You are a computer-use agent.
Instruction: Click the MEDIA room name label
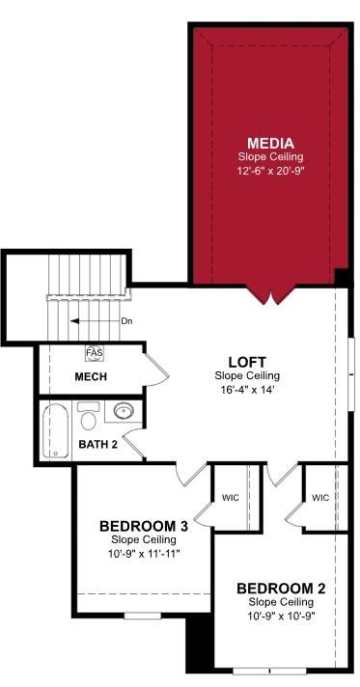pos(269,142)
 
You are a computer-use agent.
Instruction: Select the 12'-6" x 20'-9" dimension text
pos(269,170)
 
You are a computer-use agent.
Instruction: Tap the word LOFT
pos(248,361)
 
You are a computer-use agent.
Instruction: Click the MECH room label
pos(91,376)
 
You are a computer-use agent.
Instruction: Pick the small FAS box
pos(95,353)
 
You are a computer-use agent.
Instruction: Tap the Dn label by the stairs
pos(126,321)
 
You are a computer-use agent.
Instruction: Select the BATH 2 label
pos(97,445)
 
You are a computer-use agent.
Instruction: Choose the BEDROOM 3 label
pos(143,526)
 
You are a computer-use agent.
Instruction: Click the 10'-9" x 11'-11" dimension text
pos(143,554)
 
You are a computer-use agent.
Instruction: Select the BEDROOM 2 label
pos(280,588)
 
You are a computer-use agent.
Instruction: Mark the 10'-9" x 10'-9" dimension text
pos(280,616)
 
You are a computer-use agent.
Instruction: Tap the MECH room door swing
pos(154,368)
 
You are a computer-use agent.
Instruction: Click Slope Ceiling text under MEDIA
pos(269,156)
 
